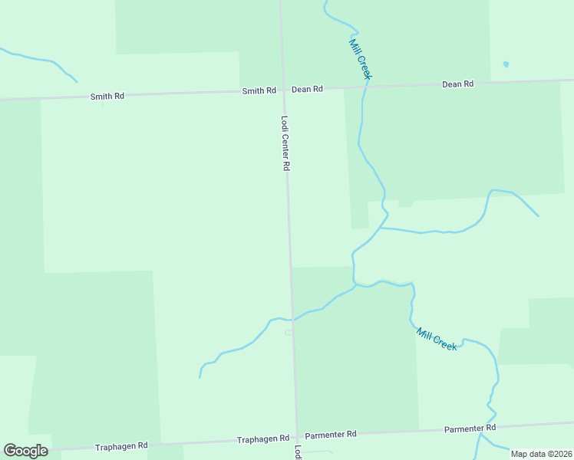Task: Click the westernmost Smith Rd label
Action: pyautogui.click(x=107, y=97)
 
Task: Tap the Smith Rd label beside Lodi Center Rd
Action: pyautogui.click(x=259, y=90)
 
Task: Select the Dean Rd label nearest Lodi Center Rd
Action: pyautogui.click(x=307, y=89)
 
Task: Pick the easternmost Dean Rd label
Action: pyautogui.click(x=457, y=84)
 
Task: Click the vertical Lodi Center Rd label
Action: pyautogui.click(x=285, y=143)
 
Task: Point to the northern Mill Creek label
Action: pyautogui.click(x=360, y=58)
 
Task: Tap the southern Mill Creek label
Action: pyautogui.click(x=437, y=339)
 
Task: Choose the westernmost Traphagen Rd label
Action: pyautogui.click(x=121, y=446)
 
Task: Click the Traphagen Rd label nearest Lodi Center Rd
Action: pyautogui.click(x=262, y=439)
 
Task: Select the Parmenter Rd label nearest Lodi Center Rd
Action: pyautogui.click(x=331, y=434)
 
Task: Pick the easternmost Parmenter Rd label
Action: pyautogui.click(x=470, y=427)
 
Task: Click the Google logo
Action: pyautogui.click(x=25, y=451)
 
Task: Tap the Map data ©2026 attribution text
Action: pyautogui.click(x=541, y=454)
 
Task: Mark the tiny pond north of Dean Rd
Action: pyautogui.click(x=505, y=64)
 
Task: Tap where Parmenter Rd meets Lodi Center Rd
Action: pyautogui.click(x=296, y=436)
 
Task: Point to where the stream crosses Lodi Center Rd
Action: pyautogui.click(x=292, y=319)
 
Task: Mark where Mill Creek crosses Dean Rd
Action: pyautogui.click(x=365, y=87)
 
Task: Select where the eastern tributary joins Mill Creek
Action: pyautogui.click(x=379, y=228)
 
